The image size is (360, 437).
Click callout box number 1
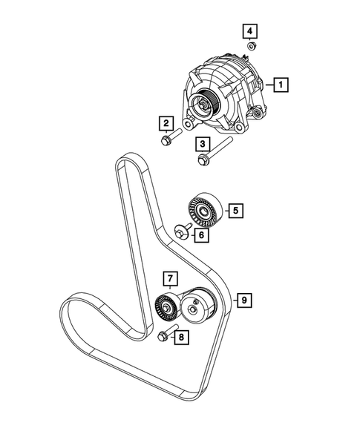[x=281, y=85]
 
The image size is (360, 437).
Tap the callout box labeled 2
[x=166, y=123]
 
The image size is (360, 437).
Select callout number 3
[x=203, y=144]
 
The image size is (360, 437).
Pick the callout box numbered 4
[x=250, y=31]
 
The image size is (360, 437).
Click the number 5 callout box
[x=235, y=211]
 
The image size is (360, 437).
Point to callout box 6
[x=201, y=235]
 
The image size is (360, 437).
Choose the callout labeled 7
[x=170, y=278]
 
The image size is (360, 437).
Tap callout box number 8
[x=181, y=338]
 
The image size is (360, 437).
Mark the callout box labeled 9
[x=244, y=300]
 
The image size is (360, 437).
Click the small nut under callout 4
[x=252, y=46]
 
